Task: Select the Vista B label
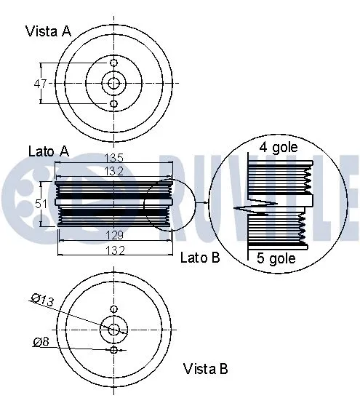(205, 368)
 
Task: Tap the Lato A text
(48, 151)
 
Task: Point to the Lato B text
(199, 258)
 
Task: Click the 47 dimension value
(41, 84)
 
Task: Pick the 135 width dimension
(113, 158)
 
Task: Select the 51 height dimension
(43, 204)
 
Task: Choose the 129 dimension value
(113, 236)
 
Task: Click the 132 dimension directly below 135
(113, 170)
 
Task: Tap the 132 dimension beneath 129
(113, 250)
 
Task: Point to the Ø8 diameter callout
(41, 341)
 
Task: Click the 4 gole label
(276, 148)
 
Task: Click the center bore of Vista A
(113, 84)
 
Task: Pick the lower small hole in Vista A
(113, 104)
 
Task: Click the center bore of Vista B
(113, 330)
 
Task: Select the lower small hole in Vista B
(113, 350)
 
